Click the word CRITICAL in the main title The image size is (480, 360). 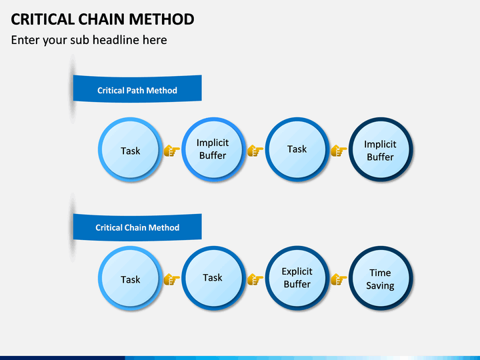[43, 19]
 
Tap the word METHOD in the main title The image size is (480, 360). [161, 19]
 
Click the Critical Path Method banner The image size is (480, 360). [137, 89]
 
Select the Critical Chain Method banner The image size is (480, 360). [137, 227]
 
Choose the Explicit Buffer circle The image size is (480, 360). [297, 278]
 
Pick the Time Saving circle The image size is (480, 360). [381, 278]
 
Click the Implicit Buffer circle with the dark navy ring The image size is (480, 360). [381, 150]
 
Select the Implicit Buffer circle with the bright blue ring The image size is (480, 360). [213, 149]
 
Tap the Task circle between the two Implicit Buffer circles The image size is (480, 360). [297, 149]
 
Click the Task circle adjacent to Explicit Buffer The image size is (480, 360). [213, 278]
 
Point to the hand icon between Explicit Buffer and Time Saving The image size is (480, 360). [339, 279]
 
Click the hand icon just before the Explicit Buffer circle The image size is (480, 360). [255, 279]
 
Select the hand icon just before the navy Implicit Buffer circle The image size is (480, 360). [339, 151]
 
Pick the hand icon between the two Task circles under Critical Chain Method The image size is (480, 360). [171, 279]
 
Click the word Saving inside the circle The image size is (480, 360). [380, 285]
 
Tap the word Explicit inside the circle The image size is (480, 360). [297, 271]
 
